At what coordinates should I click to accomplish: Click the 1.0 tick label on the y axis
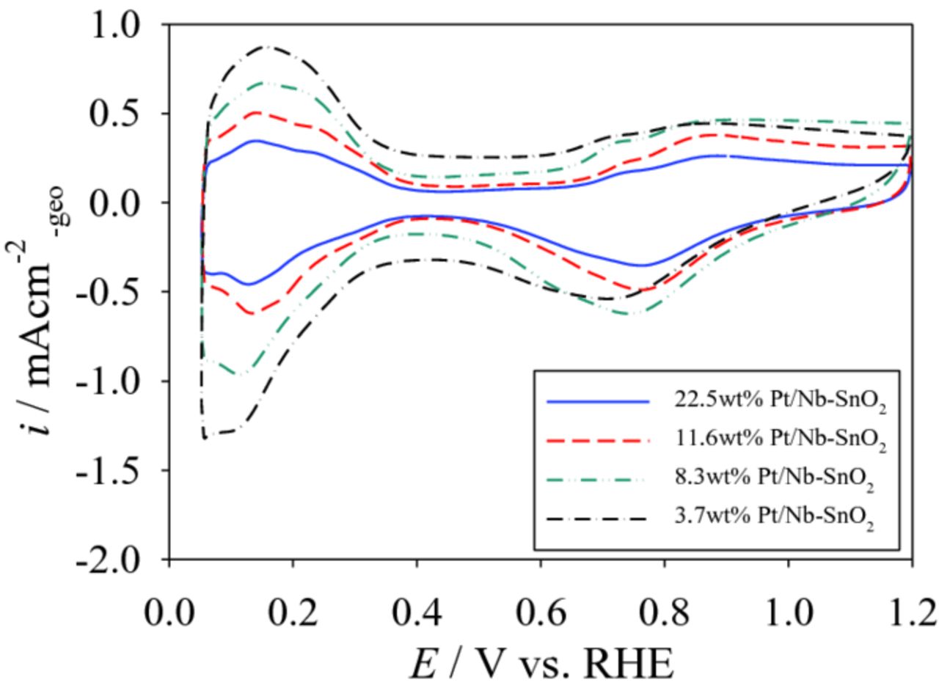121,26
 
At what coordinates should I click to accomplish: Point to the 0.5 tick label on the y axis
121,114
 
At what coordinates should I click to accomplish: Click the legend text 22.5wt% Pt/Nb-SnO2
781,403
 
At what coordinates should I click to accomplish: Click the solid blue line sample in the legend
598,402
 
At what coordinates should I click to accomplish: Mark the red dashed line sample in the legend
598,441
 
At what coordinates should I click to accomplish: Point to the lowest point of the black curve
205,437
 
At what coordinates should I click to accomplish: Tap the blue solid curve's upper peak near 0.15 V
255,140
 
